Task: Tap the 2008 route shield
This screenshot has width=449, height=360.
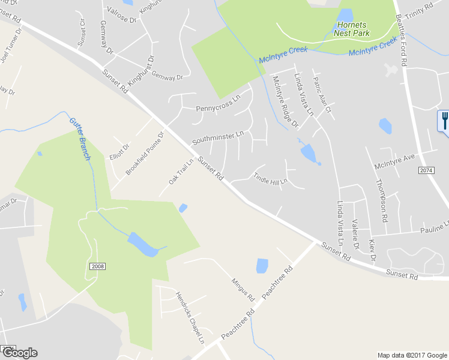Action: [x=98, y=265]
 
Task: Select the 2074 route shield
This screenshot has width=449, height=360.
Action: [x=426, y=171]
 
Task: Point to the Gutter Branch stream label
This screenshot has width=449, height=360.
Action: [x=80, y=137]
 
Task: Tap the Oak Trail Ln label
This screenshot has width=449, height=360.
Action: [x=181, y=172]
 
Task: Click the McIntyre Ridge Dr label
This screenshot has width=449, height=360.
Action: [x=285, y=101]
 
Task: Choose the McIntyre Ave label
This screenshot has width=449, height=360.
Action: [x=394, y=161]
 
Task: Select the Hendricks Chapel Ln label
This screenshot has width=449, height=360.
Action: [x=190, y=317]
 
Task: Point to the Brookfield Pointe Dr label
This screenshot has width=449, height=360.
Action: [x=145, y=154]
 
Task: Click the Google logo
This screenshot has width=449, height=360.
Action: [x=19, y=353]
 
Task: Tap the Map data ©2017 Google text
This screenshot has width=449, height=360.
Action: [x=412, y=355]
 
